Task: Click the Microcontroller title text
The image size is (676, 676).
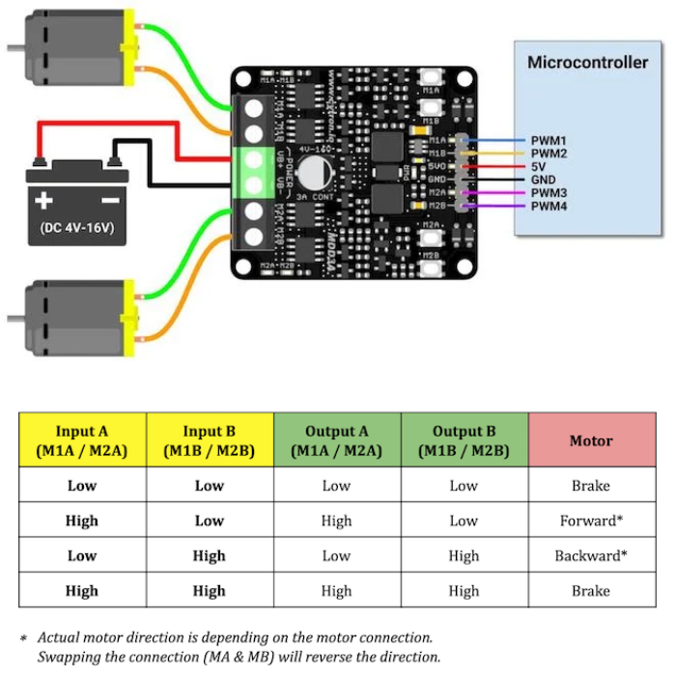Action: (x=587, y=63)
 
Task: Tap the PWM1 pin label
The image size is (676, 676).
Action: (x=548, y=140)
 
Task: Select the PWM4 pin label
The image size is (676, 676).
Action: (x=548, y=206)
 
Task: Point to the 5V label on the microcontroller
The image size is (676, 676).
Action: (x=539, y=166)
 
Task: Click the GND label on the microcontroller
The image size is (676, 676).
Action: (x=543, y=180)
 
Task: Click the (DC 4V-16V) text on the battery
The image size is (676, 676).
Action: (x=76, y=228)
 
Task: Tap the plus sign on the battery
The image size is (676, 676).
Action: (x=43, y=201)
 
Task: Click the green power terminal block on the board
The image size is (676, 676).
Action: (x=255, y=172)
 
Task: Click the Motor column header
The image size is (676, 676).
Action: (x=591, y=440)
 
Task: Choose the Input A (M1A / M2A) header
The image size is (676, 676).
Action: (x=82, y=440)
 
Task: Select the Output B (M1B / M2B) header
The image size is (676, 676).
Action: (x=464, y=440)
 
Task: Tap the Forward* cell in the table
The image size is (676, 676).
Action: (x=591, y=521)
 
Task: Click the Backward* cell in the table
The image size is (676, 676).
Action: (x=591, y=555)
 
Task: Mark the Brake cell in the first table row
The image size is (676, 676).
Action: (x=591, y=486)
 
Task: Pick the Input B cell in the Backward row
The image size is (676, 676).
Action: (x=210, y=555)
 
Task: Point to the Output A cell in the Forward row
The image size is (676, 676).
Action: (x=336, y=521)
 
